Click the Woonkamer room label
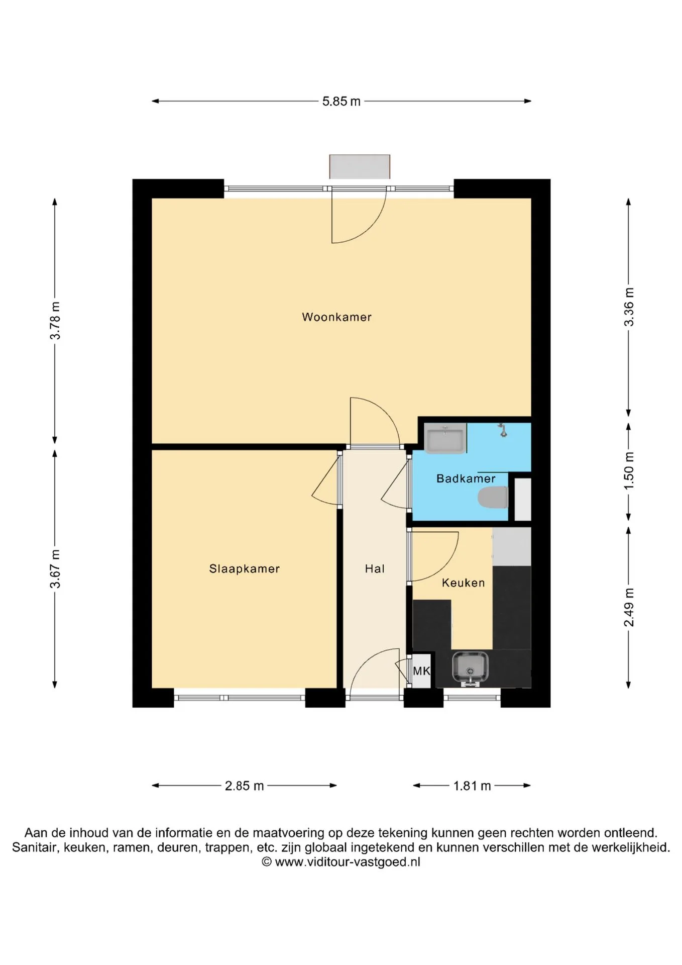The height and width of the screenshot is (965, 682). coord(336,317)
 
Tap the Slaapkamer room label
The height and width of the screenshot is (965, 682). coord(244,569)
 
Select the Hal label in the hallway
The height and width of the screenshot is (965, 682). coord(375,569)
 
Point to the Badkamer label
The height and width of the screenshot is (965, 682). coord(466,478)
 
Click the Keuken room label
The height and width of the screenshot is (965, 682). coord(463,583)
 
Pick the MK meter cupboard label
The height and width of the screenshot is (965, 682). coord(421,671)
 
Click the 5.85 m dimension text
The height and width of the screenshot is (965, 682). coord(342,102)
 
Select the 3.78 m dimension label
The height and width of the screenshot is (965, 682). coord(55,321)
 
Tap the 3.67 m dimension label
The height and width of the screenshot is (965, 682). coord(55,569)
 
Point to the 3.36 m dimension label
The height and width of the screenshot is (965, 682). coord(629,307)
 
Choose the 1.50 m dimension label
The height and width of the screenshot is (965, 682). coord(629,470)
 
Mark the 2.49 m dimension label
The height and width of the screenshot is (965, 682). coord(629,607)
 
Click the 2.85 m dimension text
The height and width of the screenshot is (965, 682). coord(244,786)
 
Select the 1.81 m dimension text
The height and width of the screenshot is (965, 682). coord(472,786)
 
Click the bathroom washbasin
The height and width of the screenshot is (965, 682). coord(445,438)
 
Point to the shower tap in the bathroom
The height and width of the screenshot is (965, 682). coord(503,430)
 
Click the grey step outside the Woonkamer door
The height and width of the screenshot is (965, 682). coord(360,166)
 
